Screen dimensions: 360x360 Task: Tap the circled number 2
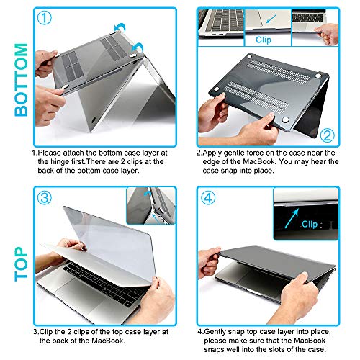pyautogui.click(x=326, y=135)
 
